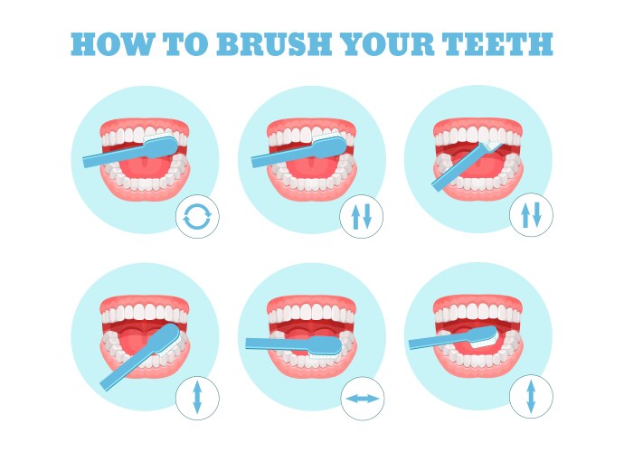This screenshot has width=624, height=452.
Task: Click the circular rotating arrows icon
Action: click(x=197, y=217)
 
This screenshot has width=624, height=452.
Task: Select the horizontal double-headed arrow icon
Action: click(x=363, y=398)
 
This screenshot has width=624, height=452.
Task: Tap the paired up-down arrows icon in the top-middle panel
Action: click(x=363, y=217)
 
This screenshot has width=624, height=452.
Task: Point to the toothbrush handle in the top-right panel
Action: click(x=452, y=174)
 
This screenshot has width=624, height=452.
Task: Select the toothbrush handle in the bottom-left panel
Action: click(x=122, y=371)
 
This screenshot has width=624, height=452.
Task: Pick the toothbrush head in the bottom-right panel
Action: click(x=479, y=338)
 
